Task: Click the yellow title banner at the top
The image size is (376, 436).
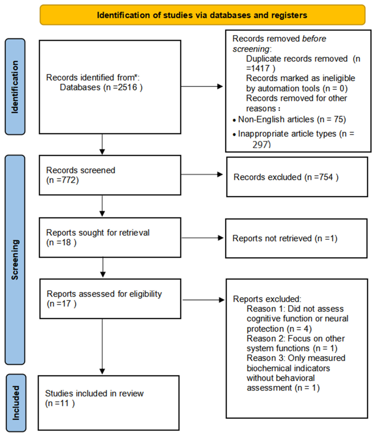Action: point(202,15)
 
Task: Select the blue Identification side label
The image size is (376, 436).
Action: point(15,87)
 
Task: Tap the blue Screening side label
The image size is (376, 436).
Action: point(15,259)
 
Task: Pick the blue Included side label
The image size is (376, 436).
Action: point(16,402)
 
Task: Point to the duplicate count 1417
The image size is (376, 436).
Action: point(260,68)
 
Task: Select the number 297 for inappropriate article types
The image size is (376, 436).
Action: point(261,144)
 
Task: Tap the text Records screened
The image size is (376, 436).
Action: point(80,170)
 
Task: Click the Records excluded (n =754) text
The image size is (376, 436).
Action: point(286,177)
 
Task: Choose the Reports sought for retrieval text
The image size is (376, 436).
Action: point(98,233)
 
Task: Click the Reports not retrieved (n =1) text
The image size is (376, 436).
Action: point(285,238)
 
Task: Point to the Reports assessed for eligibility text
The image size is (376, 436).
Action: point(104,294)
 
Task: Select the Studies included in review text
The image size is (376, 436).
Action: point(94,393)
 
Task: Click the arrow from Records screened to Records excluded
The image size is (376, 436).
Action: point(202,174)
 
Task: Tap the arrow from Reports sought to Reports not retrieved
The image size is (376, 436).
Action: point(202,238)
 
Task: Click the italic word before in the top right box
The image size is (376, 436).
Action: point(314,39)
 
